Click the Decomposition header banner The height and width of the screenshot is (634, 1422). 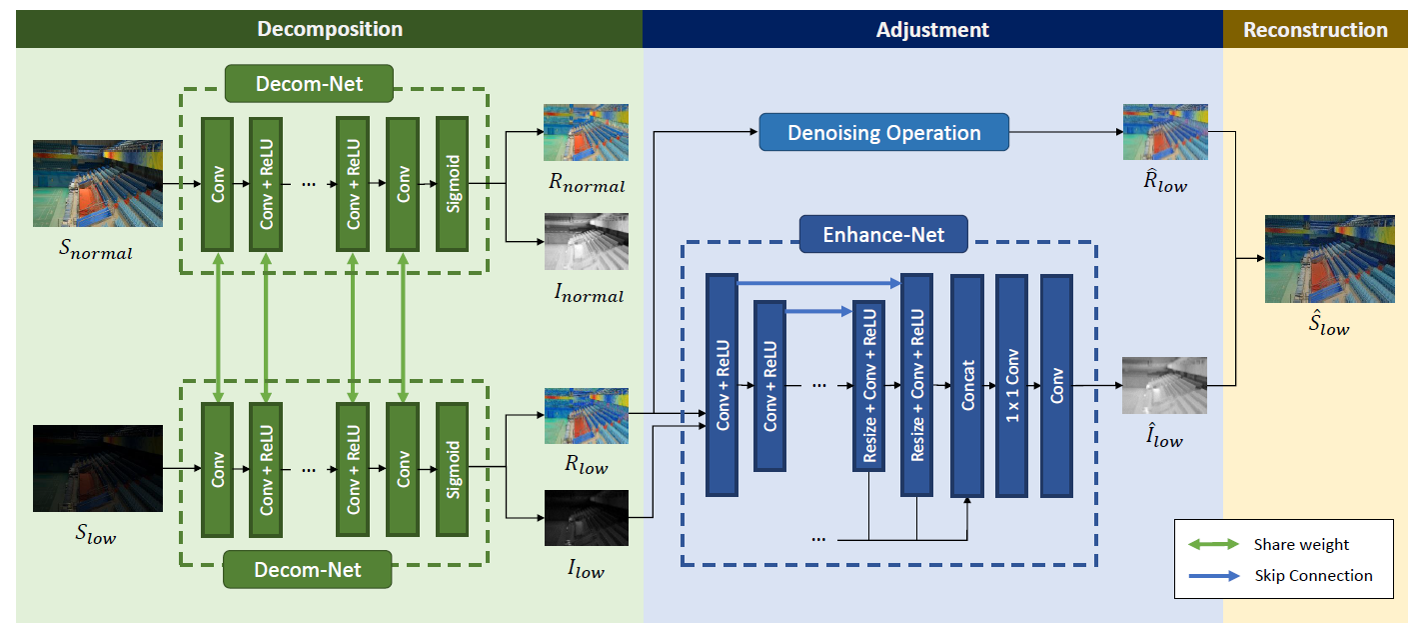pyautogui.click(x=330, y=29)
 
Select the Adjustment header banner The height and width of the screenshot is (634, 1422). pyautogui.click(x=931, y=29)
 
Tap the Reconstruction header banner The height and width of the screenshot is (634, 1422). pyautogui.click(x=1315, y=29)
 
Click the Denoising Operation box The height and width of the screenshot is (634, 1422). pyautogui.click(x=884, y=133)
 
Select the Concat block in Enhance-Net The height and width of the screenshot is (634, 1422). pyautogui.click(x=967, y=385)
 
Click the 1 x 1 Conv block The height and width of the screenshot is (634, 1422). pyautogui.click(x=1011, y=385)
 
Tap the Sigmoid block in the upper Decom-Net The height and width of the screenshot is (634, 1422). pyautogui.click(x=453, y=184)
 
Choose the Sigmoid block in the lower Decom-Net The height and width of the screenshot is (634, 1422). pyautogui.click(x=453, y=467)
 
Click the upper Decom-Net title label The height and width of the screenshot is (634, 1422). pyautogui.click(x=309, y=85)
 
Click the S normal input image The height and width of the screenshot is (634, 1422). pyautogui.click(x=98, y=183)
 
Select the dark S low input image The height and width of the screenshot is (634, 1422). pyautogui.click(x=98, y=468)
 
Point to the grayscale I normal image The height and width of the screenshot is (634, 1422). pyautogui.click(x=586, y=241)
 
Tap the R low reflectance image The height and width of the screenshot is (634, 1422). pyautogui.click(x=586, y=416)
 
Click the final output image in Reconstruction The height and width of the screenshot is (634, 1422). pyautogui.click(x=1329, y=259)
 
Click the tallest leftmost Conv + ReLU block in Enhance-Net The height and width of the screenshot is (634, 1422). pyautogui.click(x=721, y=385)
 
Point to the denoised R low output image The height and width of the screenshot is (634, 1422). pyautogui.click(x=1165, y=132)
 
